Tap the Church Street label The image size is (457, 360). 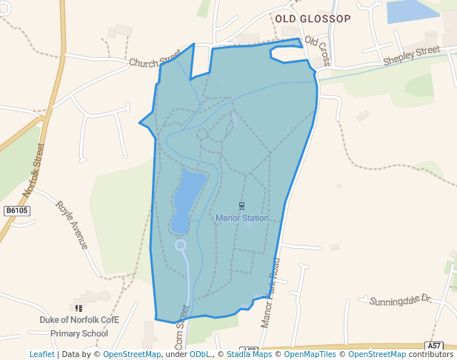click(155, 63)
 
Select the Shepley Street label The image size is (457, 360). click(411, 56)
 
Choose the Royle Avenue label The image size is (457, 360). click(72, 224)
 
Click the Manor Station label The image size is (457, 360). click(242, 218)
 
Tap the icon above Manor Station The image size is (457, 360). click(241, 205)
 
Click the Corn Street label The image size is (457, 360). click(181, 327)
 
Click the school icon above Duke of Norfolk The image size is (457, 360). click(79, 308)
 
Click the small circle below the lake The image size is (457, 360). click(180, 244)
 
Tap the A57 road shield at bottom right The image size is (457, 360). click(435, 346)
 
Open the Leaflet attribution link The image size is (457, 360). click(41, 354)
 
